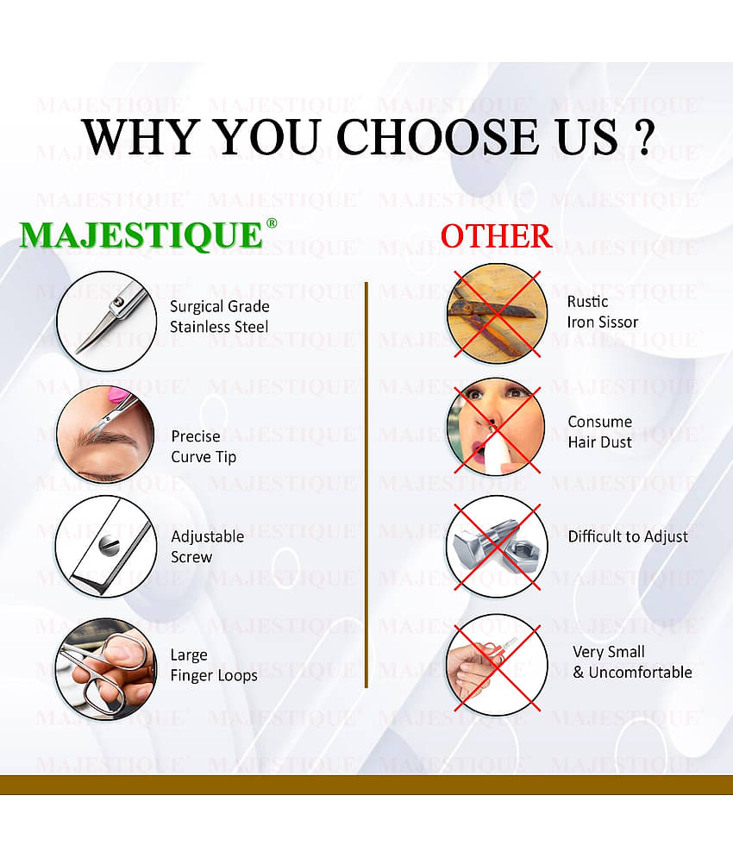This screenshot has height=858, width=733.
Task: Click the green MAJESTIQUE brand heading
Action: pyautogui.click(x=141, y=235)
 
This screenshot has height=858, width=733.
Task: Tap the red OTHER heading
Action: pyautogui.click(x=496, y=235)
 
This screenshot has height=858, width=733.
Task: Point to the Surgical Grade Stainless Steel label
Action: pyautogui.click(x=219, y=316)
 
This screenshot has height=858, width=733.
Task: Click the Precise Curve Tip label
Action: pyautogui.click(x=203, y=446)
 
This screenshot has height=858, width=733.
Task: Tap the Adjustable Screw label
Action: pyautogui.click(x=207, y=547)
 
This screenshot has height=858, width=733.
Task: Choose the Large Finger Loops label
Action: pyautogui.click(x=213, y=665)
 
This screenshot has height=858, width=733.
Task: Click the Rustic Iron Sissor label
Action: pyautogui.click(x=602, y=312)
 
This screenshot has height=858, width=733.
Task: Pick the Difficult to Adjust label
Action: pyautogui.click(x=627, y=536)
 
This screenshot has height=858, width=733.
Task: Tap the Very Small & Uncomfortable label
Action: pyautogui.click(x=632, y=662)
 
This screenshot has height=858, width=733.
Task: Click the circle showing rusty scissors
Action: pyautogui.click(x=496, y=312)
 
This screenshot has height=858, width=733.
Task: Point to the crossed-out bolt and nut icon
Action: pyautogui.click(x=496, y=546)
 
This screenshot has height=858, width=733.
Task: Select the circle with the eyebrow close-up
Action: pyautogui.click(x=105, y=434)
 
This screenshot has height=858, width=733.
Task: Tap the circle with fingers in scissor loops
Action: pyautogui.click(x=105, y=667)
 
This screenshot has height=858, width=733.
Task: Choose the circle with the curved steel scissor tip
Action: pyautogui.click(x=105, y=321)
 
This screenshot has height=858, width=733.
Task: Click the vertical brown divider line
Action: pyautogui.click(x=366, y=483)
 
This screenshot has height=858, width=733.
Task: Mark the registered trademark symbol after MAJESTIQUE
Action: pyautogui.click(x=272, y=222)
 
